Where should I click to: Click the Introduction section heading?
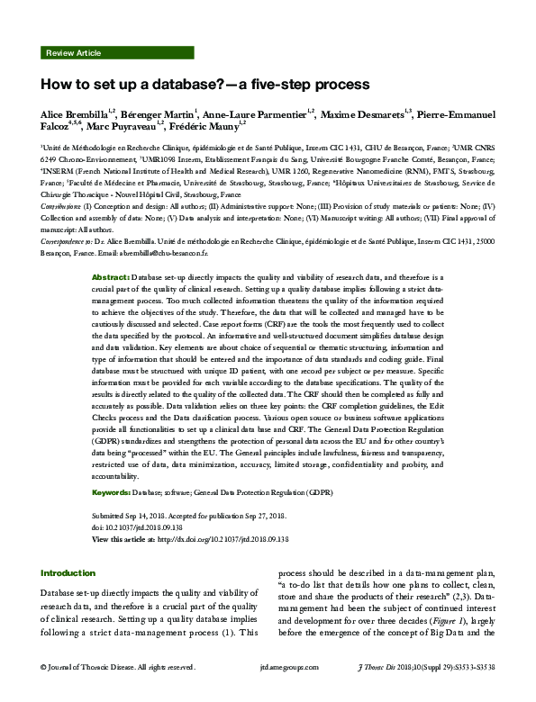68,572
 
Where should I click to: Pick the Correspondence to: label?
66,242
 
